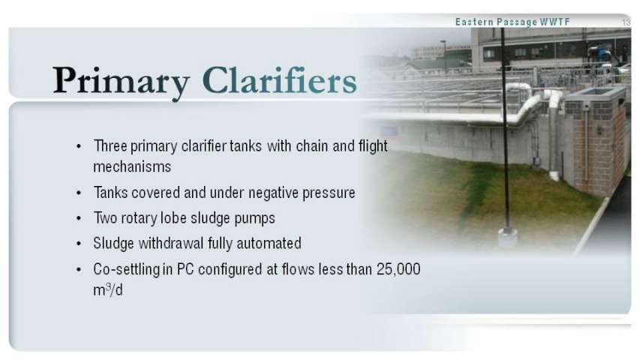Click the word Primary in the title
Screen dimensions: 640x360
(122, 82)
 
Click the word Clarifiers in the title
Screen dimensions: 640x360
(280, 80)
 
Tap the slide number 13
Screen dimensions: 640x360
(626, 22)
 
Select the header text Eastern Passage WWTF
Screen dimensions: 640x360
(512, 22)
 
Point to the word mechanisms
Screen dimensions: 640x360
(132, 166)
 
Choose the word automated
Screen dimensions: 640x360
(269, 243)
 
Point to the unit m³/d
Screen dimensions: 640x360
(108, 289)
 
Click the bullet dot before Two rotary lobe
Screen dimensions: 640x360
(79, 219)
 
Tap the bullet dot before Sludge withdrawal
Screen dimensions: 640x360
(79, 244)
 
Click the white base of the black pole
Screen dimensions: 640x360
(508, 237)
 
